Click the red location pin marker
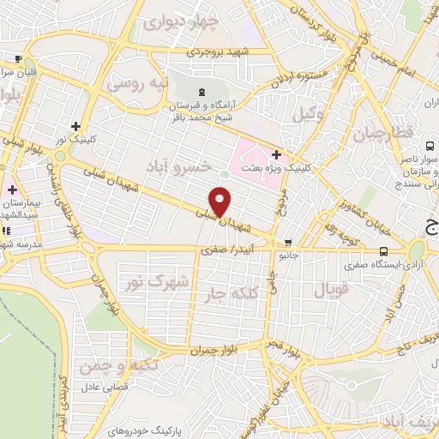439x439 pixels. point(221,201)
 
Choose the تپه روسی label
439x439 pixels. point(133,85)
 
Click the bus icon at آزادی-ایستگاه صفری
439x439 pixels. point(383,251)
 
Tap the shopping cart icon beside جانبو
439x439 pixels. point(287,242)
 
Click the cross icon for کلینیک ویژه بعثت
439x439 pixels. point(276,154)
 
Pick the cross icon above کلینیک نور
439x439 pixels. point(76,126)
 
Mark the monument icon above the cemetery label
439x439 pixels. point(201,92)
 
